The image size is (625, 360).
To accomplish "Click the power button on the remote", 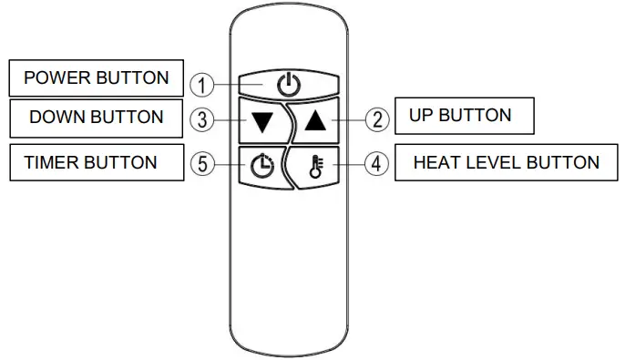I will (x=288, y=86).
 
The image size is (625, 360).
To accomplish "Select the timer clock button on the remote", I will (x=262, y=166).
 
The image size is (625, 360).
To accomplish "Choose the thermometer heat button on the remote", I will (x=316, y=166).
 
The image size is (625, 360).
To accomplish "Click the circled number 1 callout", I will (x=203, y=86).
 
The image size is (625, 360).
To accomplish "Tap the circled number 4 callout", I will (x=375, y=164).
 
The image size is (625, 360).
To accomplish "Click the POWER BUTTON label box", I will (x=97, y=77).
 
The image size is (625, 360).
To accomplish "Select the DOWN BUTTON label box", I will (x=97, y=118).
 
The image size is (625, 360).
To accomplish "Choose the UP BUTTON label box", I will (x=464, y=116).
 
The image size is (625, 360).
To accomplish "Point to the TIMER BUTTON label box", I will (x=91, y=163).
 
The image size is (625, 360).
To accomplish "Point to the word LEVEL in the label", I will (x=497, y=163).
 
